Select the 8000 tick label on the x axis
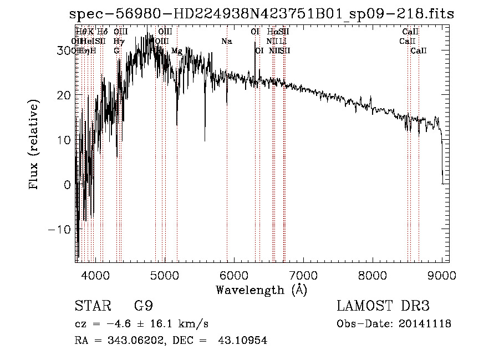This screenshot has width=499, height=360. point(373,275)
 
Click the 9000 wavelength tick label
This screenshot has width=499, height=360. point(441,275)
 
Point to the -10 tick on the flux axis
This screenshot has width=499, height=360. point(60,229)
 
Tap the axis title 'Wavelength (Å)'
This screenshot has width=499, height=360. point(261,290)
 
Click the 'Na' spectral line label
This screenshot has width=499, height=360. point(226,41)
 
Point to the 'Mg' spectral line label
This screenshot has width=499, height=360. point(176,50)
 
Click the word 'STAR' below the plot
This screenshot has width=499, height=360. point(90,306)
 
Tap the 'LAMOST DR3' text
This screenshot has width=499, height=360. point(383,306)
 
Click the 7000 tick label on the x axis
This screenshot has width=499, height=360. point(303,275)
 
